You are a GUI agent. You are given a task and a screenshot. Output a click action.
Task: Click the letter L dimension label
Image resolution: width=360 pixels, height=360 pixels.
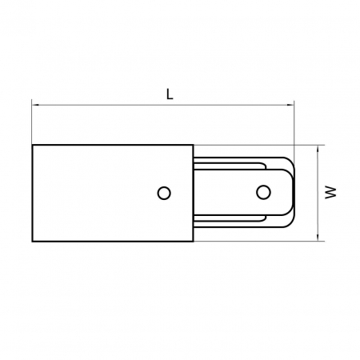[x=170, y=93]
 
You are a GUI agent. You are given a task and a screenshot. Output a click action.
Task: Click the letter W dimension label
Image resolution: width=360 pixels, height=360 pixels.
[x=329, y=192]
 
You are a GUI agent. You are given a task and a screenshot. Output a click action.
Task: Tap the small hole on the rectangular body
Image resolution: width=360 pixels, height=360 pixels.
[x=164, y=192]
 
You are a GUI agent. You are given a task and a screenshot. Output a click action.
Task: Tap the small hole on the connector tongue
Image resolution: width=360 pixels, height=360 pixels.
[x=263, y=192]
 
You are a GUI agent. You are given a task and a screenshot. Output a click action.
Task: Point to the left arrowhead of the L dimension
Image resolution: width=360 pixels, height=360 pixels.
[x=34, y=103]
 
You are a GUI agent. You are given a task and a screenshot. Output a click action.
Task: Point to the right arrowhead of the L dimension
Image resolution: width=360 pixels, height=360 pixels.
[x=292, y=103]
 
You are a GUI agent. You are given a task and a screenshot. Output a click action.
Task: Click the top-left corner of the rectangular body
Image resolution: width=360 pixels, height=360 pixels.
[x=32, y=145]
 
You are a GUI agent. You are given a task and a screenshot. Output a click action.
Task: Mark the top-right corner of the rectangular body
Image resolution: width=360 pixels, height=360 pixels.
[x=192, y=145]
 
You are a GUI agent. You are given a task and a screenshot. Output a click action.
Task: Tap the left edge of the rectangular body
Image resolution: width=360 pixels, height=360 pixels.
[x=32, y=192]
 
